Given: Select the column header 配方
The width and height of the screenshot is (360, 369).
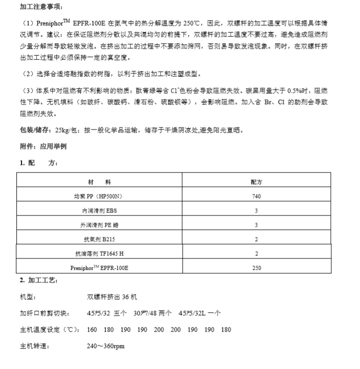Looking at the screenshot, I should pyautogui.click(x=257, y=182).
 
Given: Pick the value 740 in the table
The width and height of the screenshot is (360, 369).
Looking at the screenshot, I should pyautogui.click(x=257, y=196).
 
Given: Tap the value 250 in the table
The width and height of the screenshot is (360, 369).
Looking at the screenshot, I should pyautogui.click(x=257, y=268).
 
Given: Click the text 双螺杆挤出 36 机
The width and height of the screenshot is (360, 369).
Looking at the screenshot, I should pyautogui.click(x=112, y=297).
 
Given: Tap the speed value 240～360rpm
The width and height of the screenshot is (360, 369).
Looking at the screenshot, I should pyautogui.click(x=106, y=346).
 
